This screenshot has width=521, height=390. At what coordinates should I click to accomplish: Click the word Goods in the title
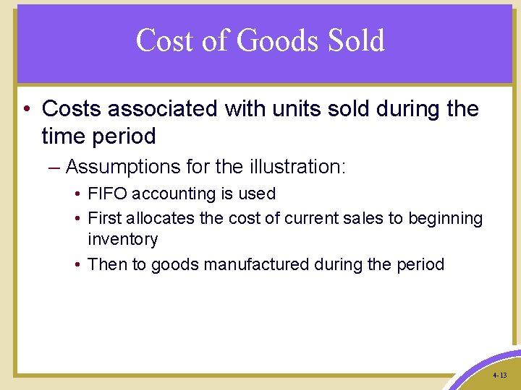click(x=278, y=41)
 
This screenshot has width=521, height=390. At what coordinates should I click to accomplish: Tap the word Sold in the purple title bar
click(x=355, y=40)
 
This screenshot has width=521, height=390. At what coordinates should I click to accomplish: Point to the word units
click(x=290, y=109)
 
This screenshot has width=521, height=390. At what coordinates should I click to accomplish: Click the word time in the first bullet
click(x=65, y=136)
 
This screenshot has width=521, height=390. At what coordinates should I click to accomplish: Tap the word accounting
click(x=168, y=194)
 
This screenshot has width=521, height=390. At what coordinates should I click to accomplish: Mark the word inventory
click(x=122, y=239)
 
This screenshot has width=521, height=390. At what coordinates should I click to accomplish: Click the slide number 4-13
click(x=499, y=376)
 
